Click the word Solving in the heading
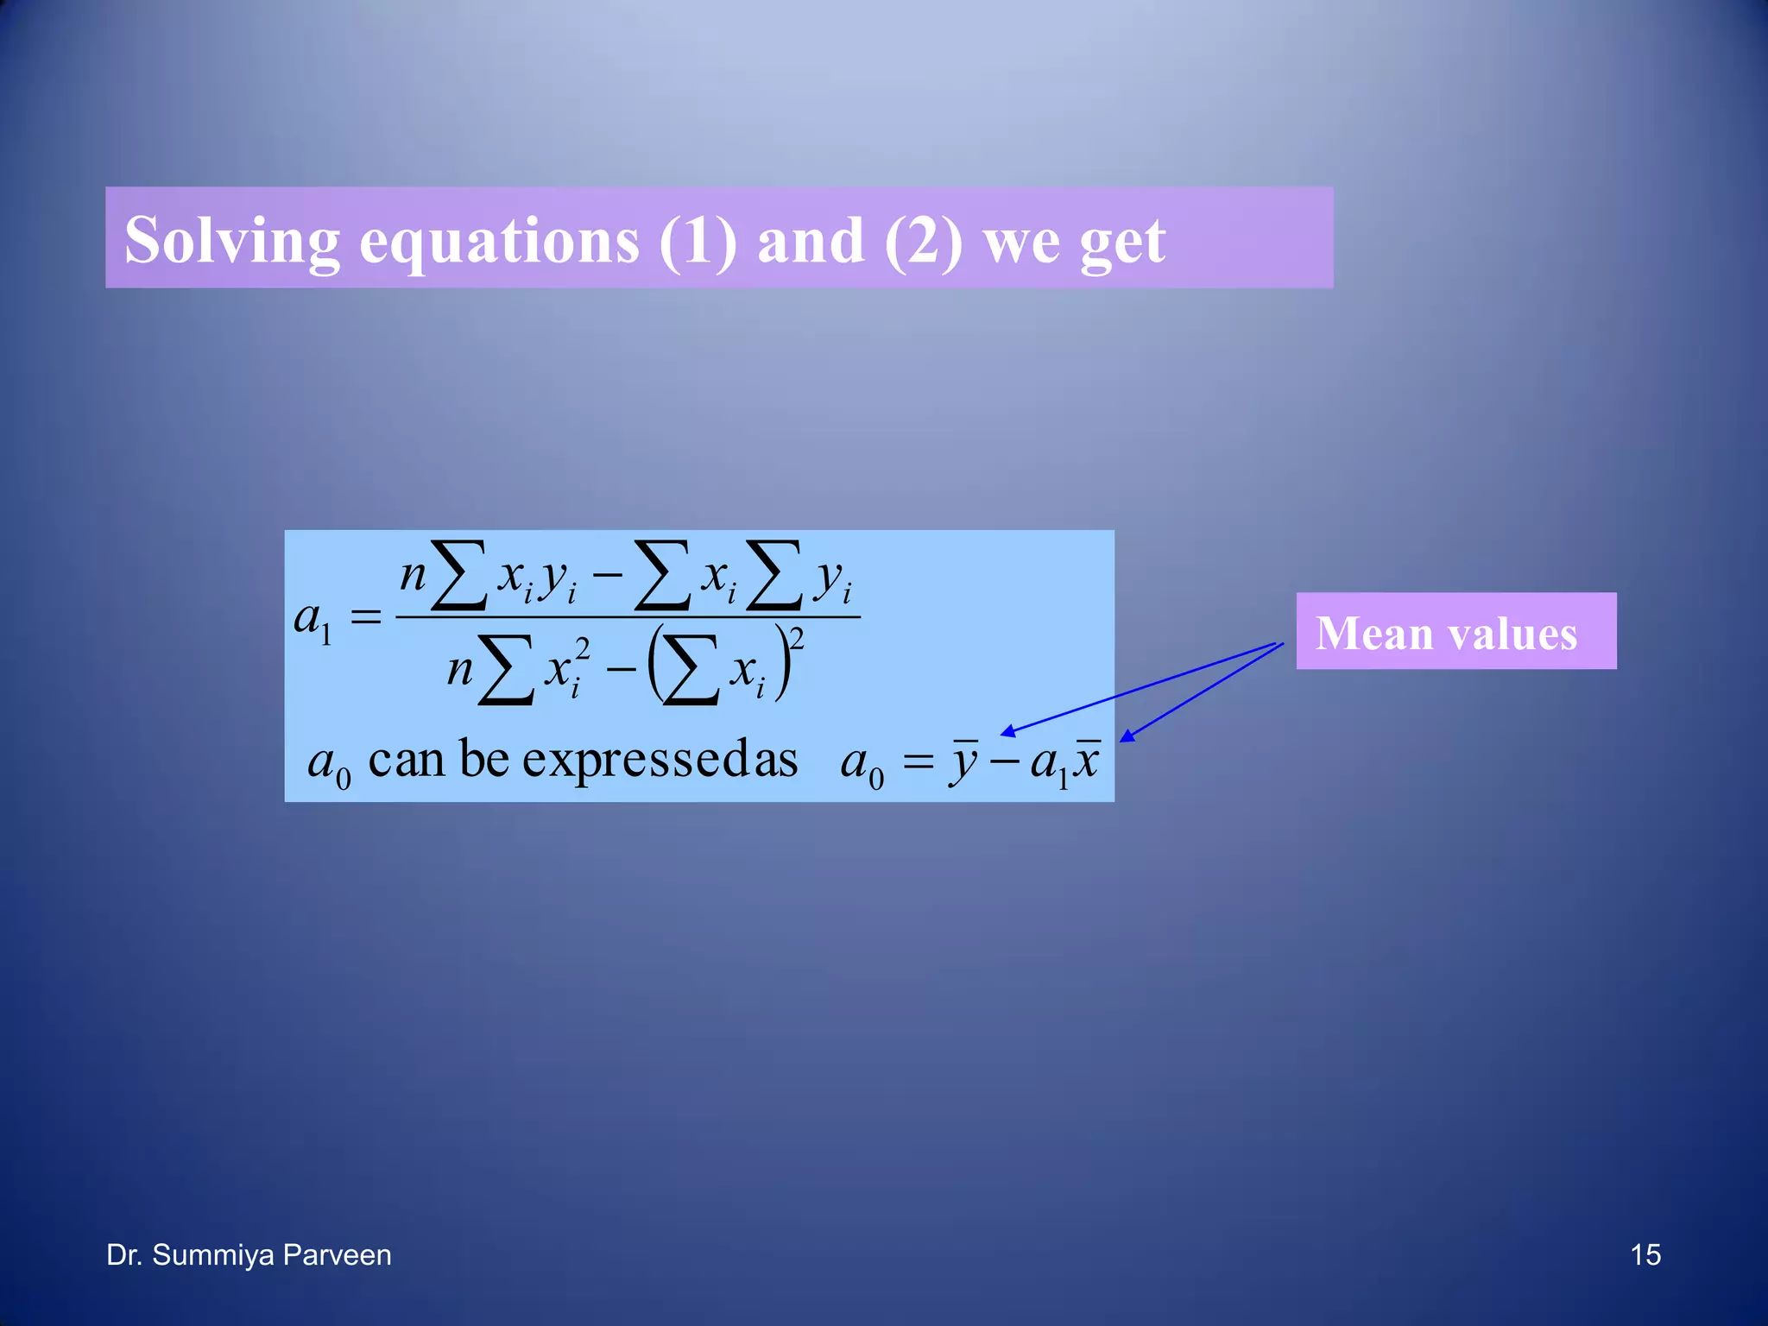232,241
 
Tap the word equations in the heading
499,241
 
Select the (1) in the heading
698,241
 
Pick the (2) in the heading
923,241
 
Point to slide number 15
1645,1254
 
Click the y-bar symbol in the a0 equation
964,762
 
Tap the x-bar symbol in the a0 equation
1087,761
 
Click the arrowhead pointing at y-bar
1007,733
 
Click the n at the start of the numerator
414,574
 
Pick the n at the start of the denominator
460,668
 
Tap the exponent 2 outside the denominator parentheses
797,639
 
